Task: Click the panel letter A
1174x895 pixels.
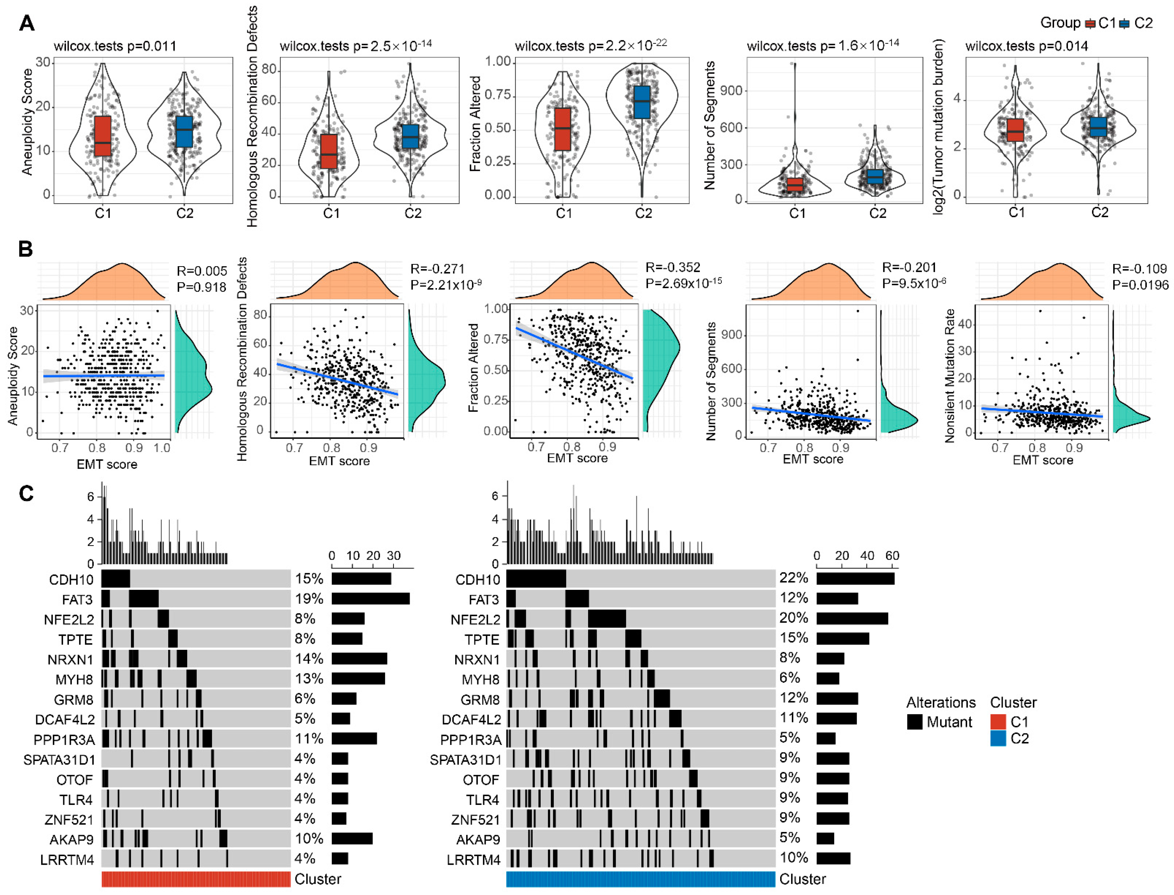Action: (x=27, y=23)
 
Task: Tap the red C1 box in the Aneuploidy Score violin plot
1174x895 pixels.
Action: (x=103, y=136)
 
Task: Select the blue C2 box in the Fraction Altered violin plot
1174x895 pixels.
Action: (x=642, y=102)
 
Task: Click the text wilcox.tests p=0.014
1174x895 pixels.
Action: (x=1026, y=46)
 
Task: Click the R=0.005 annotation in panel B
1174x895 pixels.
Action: (x=201, y=271)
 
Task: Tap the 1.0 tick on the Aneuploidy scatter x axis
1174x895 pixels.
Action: (x=162, y=448)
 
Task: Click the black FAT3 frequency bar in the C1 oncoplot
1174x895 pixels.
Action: (x=371, y=599)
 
